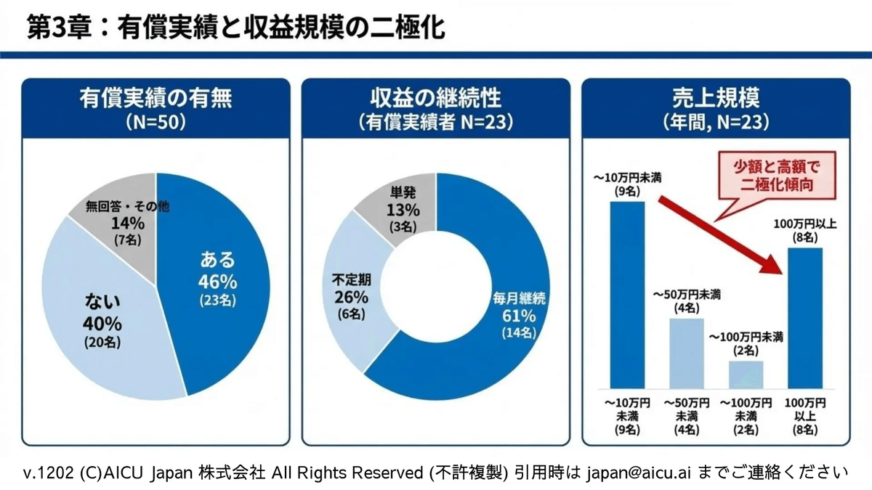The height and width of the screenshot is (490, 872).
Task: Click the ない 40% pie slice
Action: pyautogui.click(x=102, y=319)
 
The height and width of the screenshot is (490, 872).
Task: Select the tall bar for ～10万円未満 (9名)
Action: pyautogui.click(x=627, y=294)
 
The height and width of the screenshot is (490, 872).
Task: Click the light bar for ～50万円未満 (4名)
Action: pyautogui.click(x=685, y=353)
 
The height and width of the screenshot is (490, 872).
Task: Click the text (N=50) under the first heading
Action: pyautogui.click(x=156, y=120)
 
